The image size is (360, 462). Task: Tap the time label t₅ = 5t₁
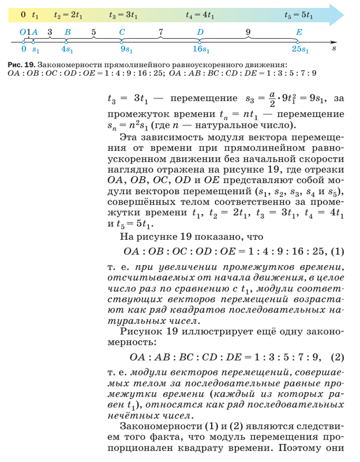coord(298,15)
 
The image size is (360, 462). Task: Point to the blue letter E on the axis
coord(298,32)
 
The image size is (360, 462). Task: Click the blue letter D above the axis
coord(200,32)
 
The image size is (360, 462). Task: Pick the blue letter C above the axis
coord(122,32)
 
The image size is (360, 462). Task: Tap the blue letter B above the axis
coord(67,32)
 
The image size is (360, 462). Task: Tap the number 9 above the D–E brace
coord(248,32)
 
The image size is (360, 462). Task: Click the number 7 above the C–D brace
coord(161,32)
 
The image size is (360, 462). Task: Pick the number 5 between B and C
coord(93,32)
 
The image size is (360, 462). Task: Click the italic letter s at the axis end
coord(334,50)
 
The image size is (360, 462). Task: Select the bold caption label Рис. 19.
coord(21,63)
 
